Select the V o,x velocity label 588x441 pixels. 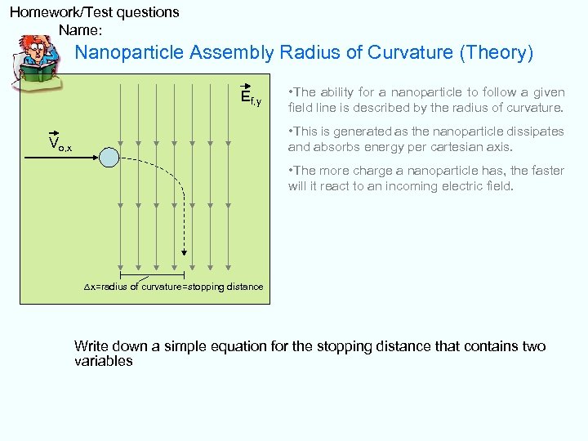tap(60, 145)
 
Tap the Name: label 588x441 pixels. tap(81, 30)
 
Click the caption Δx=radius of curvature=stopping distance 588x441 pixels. tap(174, 287)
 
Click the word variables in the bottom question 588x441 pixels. tap(103, 361)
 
